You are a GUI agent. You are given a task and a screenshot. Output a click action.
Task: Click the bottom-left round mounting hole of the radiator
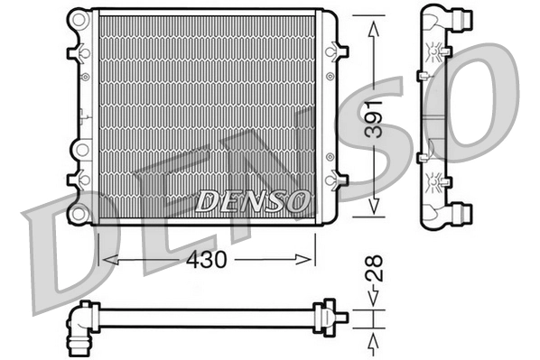pyautogui.click(x=79, y=214)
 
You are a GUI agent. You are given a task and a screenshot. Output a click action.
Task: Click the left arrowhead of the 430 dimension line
pyautogui.click(x=103, y=258)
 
